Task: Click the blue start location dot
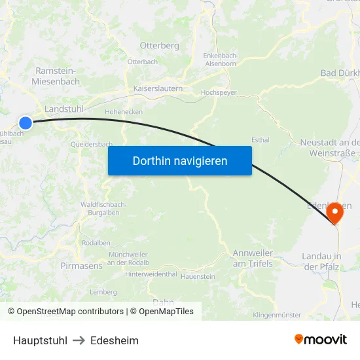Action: click(26, 122)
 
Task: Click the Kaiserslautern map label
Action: click(158, 88)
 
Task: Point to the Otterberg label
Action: click(159, 46)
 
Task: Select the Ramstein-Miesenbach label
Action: click(56, 76)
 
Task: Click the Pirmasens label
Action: click(81, 266)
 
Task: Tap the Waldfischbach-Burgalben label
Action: click(103, 209)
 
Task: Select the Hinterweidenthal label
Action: click(151, 274)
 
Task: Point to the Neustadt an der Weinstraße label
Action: click(330, 148)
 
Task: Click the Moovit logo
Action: click(321, 339)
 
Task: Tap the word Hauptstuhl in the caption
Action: click(40, 340)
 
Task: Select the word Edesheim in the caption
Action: click(115, 340)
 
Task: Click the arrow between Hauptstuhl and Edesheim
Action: click(79, 340)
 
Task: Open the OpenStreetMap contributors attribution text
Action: click(71, 312)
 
